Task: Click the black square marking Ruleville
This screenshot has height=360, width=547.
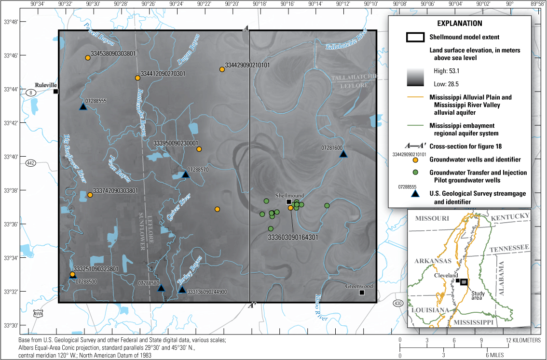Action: [x=56, y=92]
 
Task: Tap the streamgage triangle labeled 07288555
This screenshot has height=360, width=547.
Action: [x=83, y=107]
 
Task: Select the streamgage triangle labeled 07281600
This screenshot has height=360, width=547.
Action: [x=343, y=154]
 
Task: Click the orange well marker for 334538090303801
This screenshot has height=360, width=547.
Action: [x=88, y=58]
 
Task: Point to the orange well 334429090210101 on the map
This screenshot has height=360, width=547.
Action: [x=222, y=69]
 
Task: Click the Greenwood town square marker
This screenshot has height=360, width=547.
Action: [x=362, y=292]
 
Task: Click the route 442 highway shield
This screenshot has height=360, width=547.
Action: [x=31, y=163]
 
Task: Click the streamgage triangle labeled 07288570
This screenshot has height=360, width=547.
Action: [x=186, y=174]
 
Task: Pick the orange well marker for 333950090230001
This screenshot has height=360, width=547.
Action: [x=199, y=149]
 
